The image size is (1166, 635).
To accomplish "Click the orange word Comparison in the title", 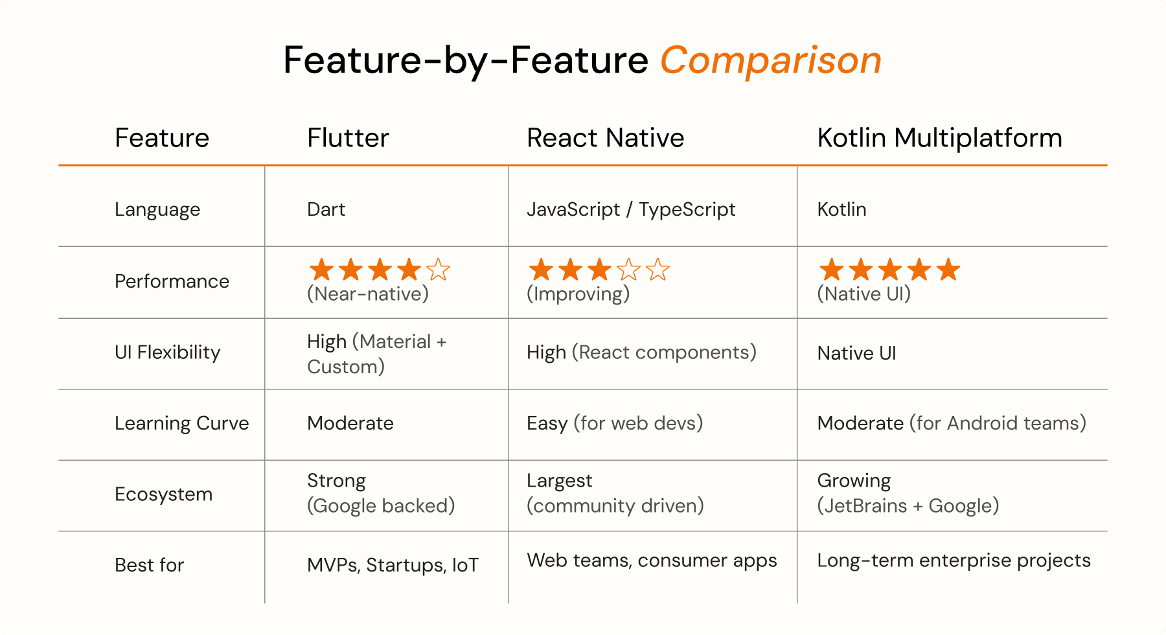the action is pyautogui.click(x=771, y=61).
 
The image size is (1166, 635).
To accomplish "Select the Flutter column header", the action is pyautogui.click(x=348, y=138).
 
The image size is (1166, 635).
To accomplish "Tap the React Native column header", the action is pyautogui.click(x=605, y=138).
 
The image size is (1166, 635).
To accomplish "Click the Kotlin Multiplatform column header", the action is pyautogui.click(x=939, y=138).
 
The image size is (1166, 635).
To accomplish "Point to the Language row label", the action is pyautogui.click(x=157, y=210).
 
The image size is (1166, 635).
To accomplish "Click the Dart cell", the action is pyautogui.click(x=326, y=209).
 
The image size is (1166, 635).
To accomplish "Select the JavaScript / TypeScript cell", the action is pyautogui.click(x=631, y=209).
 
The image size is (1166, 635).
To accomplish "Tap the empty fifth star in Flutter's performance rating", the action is pyautogui.click(x=439, y=269).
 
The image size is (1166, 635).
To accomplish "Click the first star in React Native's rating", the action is pyautogui.click(x=541, y=269).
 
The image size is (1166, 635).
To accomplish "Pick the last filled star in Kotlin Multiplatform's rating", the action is pyautogui.click(x=948, y=269).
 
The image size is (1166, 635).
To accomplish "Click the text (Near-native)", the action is pyautogui.click(x=368, y=294).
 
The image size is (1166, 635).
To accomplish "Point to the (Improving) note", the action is pyautogui.click(x=578, y=294).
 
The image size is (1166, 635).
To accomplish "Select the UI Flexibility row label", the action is pyautogui.click(x=167, y=352).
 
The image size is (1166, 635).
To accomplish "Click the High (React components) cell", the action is pyautogui.click(x=641, y=352).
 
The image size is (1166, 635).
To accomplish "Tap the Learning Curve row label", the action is pyautogui.click(x=181, y=423).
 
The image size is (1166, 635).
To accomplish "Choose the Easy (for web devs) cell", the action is pyautogui.click(x=615, y=423).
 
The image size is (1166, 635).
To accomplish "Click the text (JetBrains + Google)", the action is pyautogui.click(x=908, y=505).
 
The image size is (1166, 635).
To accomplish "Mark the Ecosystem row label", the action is pyautogui.click(x=163, y=494).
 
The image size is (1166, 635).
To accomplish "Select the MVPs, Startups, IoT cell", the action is pyautogui.click(x=393, y=565).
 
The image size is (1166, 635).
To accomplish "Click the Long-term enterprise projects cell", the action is pyautogui.click(x=954, y=560).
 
